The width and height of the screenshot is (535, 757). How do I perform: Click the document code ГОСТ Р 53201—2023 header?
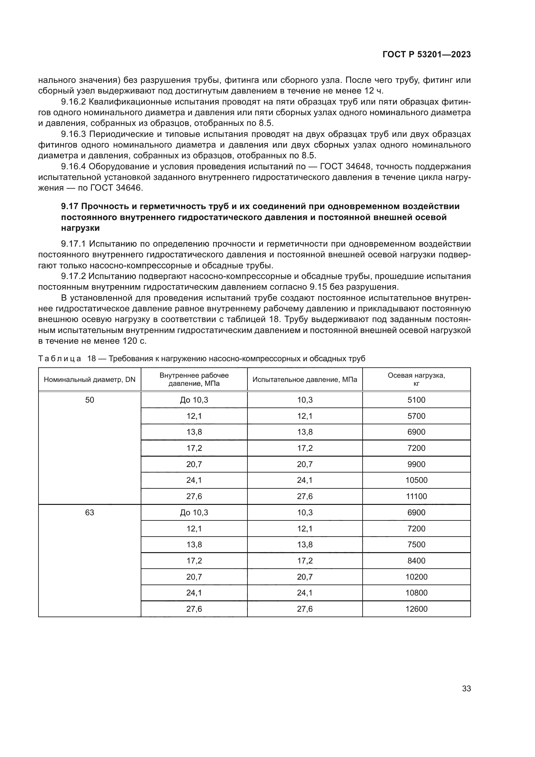point(427,55)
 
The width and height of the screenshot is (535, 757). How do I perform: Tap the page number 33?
point(466,688)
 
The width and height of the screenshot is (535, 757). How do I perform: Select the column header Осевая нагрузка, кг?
point(416,379)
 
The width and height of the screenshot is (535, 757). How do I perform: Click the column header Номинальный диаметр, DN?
point(90,379)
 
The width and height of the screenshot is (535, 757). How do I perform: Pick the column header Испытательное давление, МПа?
point(305,379)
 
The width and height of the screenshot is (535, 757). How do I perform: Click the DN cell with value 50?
point(90,400)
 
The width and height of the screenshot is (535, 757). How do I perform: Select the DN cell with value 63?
point(90,513)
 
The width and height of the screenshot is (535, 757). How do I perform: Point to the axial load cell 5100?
point(416,400)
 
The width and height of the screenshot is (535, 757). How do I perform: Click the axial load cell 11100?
point(416,496)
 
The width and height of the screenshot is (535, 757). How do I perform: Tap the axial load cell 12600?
point(416,609)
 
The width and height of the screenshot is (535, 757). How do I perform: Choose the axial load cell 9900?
point(416,464)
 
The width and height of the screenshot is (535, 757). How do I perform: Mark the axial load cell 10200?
point(416,577)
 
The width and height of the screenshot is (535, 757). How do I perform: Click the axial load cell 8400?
point(416,561)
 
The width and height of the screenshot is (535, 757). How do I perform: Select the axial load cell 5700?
point(416,416)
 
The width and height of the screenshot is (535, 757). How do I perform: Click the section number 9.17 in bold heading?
point(70,206)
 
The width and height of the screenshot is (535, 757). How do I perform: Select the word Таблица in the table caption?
point(60,359)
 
